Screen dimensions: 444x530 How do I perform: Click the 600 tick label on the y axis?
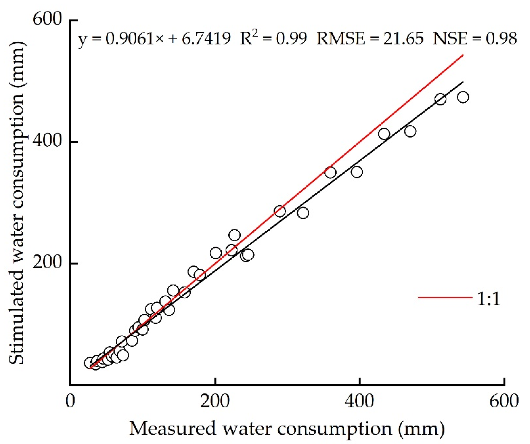[47, 19]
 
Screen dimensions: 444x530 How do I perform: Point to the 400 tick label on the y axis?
[47, 141]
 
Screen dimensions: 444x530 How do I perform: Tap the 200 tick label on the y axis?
[47, 263]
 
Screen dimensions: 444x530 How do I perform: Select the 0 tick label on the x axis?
[70, 401]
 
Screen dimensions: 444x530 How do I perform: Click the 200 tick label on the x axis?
[215, 401]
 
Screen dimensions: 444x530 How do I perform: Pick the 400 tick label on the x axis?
[359, 401]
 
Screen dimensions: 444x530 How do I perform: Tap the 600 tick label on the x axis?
[504, 401]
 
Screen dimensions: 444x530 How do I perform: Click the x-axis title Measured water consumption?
[287, 429]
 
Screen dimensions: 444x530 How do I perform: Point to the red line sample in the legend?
[445, 298]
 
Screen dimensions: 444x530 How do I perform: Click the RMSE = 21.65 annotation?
[370, 39]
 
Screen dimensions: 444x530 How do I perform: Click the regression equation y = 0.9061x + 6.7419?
[154, 39]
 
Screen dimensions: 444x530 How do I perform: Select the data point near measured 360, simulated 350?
[330, 173]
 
